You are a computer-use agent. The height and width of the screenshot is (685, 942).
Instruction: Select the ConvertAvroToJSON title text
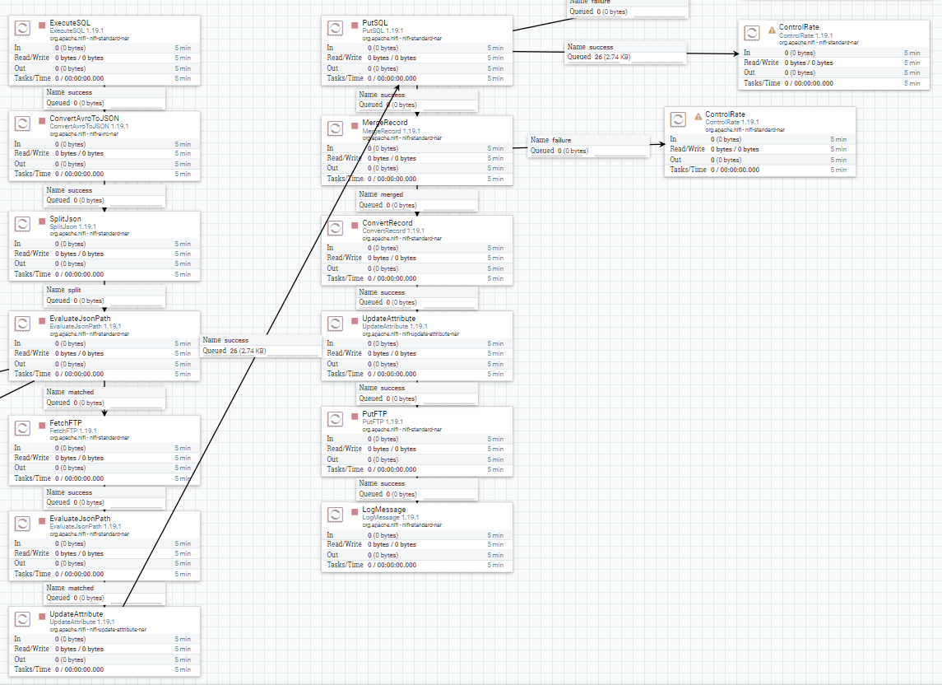(84, 119)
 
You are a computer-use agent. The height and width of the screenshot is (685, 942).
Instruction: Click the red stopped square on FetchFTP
(42, 423)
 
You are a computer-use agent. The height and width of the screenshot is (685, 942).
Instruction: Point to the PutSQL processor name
(376, 22)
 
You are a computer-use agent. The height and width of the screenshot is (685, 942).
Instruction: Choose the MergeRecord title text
(384, 123)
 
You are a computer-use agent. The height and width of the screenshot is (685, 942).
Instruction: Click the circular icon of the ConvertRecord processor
(336, 228)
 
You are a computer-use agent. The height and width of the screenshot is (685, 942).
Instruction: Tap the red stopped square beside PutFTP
(355, 415)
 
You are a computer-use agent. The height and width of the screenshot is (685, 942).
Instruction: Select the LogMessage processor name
(384, 510)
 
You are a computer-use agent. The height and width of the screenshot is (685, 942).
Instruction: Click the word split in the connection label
(75, 290)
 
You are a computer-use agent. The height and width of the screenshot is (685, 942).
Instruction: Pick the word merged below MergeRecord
(392, 194)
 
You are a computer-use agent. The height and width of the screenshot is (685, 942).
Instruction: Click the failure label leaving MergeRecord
(562, 140)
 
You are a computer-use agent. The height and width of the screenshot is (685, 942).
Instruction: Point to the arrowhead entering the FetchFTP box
(104, 412)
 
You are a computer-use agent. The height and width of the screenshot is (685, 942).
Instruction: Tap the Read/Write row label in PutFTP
(345, 449)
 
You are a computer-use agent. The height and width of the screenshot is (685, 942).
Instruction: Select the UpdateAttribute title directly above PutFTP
(388, 319)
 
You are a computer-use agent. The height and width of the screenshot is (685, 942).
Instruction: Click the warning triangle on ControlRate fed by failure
(698, 116)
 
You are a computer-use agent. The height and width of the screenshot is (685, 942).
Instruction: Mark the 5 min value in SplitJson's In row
(183, 244)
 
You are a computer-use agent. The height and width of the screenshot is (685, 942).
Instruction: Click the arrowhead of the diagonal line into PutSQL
(399, 87)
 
